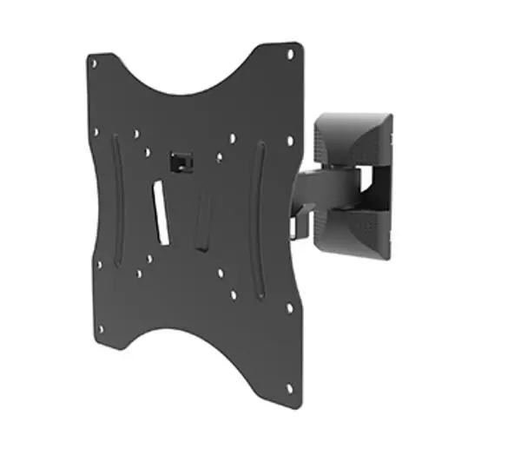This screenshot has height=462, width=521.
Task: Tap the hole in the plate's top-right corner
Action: tap(290, 55)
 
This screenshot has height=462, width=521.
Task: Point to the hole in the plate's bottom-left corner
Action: tap(102, 329)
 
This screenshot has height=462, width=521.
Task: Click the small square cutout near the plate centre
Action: tap(180, 161)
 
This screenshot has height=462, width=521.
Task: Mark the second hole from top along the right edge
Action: tap(289, 140)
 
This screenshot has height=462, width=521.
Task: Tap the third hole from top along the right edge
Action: tap(289, 307)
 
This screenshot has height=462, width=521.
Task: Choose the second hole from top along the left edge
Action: tap(96, 132)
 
